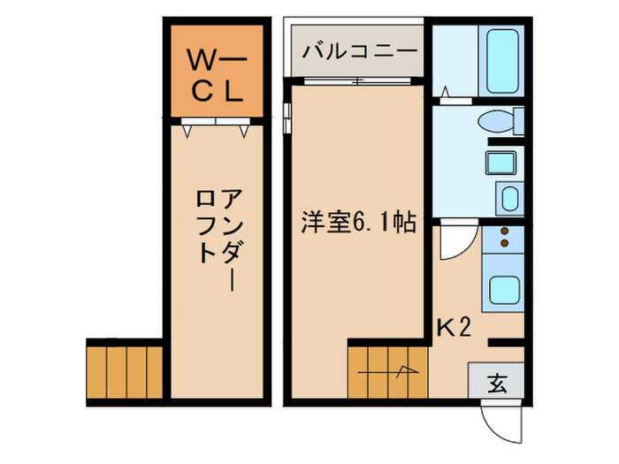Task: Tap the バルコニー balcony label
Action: click(x=359, y=50)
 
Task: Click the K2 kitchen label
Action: click(x=454, y=329)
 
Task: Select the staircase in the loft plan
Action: click(x=126, y=370)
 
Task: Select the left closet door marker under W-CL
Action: click(x=187, y=131)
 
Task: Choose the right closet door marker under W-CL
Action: click(x=243, y=131)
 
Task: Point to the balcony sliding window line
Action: click(x=356, y=81)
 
